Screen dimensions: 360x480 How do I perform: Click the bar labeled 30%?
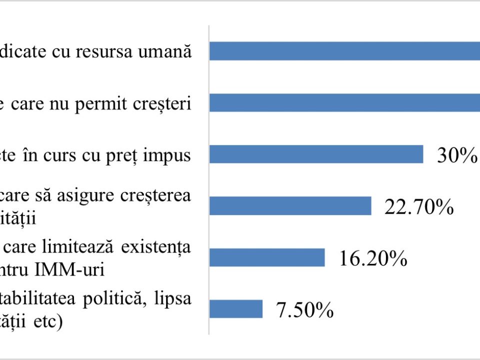316,154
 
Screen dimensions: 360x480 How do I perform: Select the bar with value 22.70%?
290,205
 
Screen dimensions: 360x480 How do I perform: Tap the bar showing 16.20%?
267,257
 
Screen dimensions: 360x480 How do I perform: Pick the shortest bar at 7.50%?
236,308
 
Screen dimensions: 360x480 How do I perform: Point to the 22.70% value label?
418,206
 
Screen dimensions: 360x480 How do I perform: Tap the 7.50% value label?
304,310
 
